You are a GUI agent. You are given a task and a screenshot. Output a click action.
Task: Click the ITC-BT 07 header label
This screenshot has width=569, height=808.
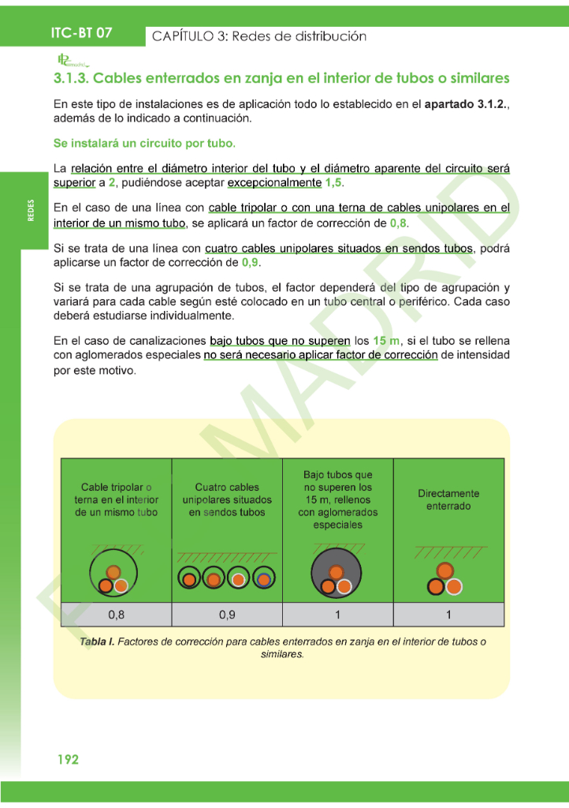(81, 33)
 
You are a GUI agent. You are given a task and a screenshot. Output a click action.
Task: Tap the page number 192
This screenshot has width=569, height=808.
(68, 759)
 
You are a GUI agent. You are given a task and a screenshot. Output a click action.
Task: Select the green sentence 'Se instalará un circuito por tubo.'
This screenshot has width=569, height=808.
(144, 144)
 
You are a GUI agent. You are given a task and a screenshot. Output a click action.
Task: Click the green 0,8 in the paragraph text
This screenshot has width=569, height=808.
(399, 223)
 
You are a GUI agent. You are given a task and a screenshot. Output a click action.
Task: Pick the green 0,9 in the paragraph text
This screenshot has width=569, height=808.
(250, 262)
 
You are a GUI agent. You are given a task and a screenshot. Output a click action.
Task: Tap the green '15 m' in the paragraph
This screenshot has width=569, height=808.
(387, 341)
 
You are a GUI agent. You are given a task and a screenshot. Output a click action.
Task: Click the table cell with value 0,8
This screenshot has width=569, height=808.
(116, 615)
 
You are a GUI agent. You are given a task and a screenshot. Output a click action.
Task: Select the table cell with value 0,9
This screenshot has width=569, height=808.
(227, 615)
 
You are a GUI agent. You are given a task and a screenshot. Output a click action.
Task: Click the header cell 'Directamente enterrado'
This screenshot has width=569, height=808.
(448, 499)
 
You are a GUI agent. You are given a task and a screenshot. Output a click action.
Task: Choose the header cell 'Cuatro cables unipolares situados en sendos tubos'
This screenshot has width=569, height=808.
(227, 499)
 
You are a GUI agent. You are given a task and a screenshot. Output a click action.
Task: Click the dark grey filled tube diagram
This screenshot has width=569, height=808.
(337, 578)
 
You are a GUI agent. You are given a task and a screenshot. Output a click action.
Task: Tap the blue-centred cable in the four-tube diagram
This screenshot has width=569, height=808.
(264, 580)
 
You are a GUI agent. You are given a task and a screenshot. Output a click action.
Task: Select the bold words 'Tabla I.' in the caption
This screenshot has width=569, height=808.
(97, 642)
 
